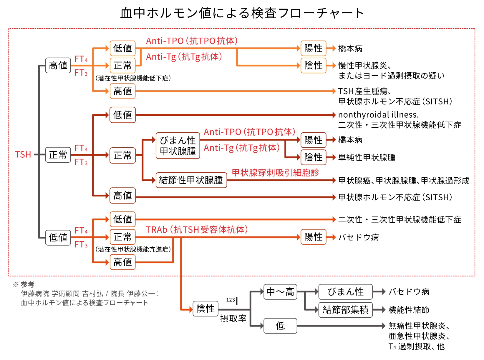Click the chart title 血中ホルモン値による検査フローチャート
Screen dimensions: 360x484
(x=242, y=13)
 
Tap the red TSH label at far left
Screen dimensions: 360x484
(x=23, y=155)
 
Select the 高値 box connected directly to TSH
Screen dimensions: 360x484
(x=58, y=65)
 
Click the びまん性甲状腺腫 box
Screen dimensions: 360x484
(x=178, y=146)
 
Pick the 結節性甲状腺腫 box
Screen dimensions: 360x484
(x=191, y=180)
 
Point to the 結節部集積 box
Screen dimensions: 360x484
(x=345, y=310)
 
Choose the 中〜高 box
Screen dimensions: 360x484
(x=280, y=292)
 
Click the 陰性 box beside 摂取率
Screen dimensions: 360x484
(x=205, y=309)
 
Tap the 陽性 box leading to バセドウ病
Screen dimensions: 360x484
(x=313, y=237)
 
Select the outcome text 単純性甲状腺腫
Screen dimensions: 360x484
(x=367, y=158)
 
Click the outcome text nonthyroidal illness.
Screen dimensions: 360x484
(x=378, y=114)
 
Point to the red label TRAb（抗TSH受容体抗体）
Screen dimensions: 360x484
(x=197, y=229)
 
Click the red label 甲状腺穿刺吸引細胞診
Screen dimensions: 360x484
(x=275, y=173)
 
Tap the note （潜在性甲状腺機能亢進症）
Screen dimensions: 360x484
(x=133, y=249)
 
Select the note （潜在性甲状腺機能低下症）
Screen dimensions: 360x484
(x=133, y=78)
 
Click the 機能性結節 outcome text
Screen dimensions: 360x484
(x=409, y=310)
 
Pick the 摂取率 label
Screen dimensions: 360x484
(x=233, y=319)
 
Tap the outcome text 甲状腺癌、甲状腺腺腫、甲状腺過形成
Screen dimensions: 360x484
(x=404, y=181)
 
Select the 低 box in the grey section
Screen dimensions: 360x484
(x=280, y=326)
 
